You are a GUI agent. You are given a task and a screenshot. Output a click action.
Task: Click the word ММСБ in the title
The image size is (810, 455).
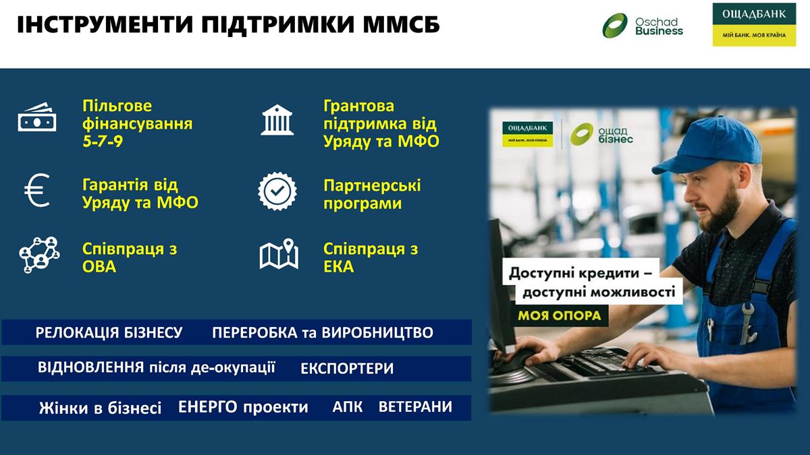[401, 25]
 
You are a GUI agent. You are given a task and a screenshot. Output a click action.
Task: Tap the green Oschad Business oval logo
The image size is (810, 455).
[615, 26]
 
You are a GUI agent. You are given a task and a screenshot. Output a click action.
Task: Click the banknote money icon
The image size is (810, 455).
[37, 118]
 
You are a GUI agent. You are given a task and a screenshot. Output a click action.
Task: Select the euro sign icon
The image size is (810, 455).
[37, 190]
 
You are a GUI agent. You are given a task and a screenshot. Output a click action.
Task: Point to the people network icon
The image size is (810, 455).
[39, 255]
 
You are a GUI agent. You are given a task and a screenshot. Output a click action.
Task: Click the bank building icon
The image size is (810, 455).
[277, 120]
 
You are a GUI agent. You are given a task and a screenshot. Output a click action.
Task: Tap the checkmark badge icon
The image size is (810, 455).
[277, 191]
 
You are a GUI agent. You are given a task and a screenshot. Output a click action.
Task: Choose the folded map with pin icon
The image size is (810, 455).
[279, 254]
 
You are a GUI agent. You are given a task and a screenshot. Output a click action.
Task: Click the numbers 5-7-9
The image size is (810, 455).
[103, 141]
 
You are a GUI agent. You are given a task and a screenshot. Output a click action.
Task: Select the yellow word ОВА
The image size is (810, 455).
[99, 267]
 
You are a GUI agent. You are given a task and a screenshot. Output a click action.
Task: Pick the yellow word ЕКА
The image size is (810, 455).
[338, 267]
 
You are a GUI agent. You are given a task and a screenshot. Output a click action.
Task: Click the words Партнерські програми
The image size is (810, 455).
[372, 194]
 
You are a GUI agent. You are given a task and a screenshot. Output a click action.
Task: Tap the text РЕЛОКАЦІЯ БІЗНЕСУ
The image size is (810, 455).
[109, 332]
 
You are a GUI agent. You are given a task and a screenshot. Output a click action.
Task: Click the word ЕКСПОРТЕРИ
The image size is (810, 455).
[347, 369]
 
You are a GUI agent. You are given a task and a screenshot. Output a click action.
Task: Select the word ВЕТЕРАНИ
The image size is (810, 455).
[416, 407]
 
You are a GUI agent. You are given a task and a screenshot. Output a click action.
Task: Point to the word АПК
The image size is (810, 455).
[348, 407]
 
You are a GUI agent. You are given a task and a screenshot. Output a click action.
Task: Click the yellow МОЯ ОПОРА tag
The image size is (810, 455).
[560, 315]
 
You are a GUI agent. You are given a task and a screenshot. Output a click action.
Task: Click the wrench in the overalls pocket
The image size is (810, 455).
[747, 322]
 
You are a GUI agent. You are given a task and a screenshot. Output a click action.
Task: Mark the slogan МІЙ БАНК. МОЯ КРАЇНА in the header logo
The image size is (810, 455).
[754, 35]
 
